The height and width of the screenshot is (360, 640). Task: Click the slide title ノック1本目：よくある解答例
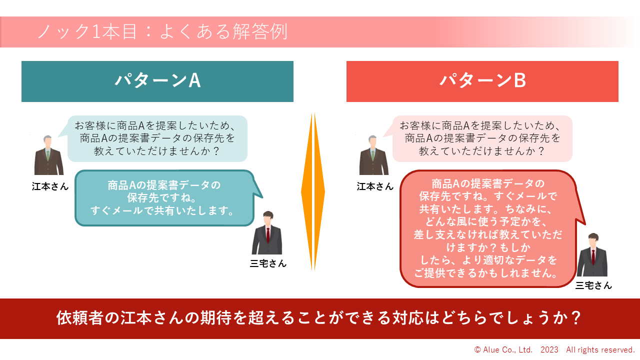162,32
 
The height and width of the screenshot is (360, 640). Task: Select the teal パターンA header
157,81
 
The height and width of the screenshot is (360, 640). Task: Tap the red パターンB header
482,81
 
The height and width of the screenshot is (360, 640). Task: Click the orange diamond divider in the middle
313,192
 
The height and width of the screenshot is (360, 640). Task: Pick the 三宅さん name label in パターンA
268,263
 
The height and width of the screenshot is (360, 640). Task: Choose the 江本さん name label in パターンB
375,186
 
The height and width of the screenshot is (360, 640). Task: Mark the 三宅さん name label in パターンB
593,285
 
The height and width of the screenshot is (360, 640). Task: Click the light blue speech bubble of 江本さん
157,138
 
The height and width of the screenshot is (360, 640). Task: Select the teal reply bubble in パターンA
164,198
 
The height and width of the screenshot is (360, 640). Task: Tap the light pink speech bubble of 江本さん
482,138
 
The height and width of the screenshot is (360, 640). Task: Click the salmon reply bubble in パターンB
487,228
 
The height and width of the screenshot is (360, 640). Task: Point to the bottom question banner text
319,318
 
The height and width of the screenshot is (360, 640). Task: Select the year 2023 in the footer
549,350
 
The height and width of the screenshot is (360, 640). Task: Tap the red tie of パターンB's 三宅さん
593,257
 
